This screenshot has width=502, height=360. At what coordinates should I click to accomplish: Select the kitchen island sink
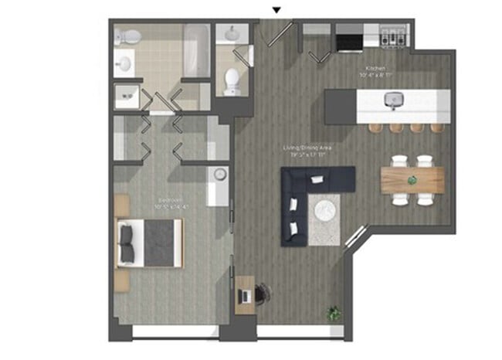(395, 99)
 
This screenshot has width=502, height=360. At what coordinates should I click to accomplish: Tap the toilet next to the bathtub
(131, 36)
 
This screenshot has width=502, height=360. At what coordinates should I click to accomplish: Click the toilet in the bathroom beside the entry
(232, 80)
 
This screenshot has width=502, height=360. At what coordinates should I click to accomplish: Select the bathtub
(197, 51)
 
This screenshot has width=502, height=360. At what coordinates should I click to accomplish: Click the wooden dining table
(412, 180)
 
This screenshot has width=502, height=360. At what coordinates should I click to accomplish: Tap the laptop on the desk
(246, 295)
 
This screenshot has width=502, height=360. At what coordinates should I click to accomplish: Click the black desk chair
(263, 292)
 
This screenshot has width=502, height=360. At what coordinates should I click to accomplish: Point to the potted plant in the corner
(334, 314)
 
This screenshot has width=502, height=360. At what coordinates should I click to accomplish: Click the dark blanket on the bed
(163, 243)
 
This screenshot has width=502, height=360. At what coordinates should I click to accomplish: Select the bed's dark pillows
(127, 243)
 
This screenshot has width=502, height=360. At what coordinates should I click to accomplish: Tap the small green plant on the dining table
(412, 180)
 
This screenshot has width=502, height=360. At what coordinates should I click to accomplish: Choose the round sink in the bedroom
(219, 175)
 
